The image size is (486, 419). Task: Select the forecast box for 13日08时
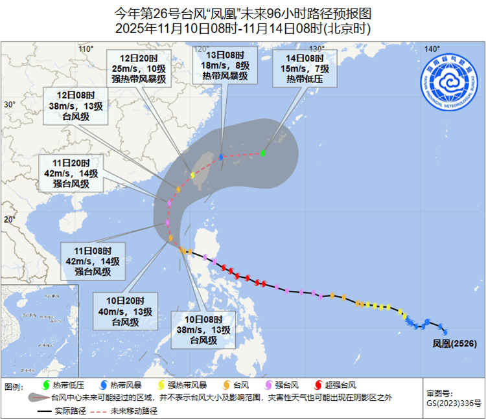[224, 66]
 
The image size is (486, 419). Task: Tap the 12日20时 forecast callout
[139, 68]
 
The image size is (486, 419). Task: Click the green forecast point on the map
[264, 153]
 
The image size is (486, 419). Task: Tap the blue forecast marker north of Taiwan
[221, 157]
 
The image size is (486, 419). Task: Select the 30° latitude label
[9, 104]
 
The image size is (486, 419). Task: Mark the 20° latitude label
[9, 220]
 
